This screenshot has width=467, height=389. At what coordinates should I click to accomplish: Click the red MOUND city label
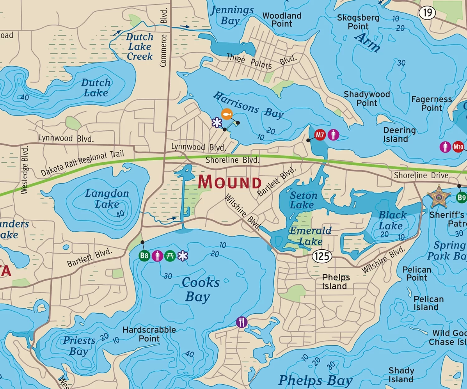(230, 182)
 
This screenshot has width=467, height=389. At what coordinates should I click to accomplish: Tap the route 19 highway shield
(427, 13)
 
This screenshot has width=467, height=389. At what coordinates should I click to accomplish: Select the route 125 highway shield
(322, 256)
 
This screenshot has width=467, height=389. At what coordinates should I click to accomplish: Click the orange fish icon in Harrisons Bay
(227, 114)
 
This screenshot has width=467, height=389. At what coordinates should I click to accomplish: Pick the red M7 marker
(320, 135)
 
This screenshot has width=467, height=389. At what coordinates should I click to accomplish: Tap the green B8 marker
(144, 256)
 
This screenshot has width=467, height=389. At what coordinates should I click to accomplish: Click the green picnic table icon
(170, 256)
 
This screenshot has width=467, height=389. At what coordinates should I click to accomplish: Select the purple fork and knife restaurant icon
(242, 322)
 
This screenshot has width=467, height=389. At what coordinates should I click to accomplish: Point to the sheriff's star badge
(439, 197)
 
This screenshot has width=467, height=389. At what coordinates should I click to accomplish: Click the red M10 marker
(458, 147)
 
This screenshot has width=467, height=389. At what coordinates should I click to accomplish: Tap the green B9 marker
(461, 197)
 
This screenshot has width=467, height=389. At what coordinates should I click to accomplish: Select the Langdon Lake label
(107, 199)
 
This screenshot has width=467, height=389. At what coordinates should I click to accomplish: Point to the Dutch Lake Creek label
(140, 47)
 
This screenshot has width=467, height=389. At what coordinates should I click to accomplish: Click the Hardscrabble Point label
(149, 334)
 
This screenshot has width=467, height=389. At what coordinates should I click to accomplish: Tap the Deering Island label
(399, 134)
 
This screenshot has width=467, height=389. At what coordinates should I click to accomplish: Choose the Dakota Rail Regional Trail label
(83, 163)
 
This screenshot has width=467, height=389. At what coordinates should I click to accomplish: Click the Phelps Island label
(335, 281)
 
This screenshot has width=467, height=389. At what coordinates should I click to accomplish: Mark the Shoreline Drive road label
(421, 175)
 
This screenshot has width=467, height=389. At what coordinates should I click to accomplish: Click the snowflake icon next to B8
(183, 256)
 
